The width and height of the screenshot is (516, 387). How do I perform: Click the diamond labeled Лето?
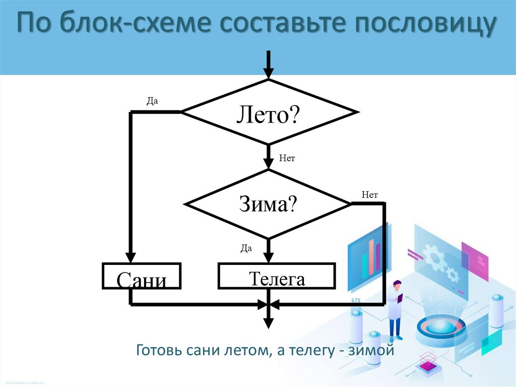point(269,112)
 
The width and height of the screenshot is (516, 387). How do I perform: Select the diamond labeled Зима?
point(268,204)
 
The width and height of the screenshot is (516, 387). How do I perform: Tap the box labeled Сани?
point(142,276)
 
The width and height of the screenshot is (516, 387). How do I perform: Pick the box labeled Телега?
point(277,275)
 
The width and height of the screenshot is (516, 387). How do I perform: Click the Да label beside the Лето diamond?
point(152,100)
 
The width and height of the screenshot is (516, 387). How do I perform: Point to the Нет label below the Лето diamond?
point(287,158)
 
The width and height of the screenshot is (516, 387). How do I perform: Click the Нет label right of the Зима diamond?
point(369,194)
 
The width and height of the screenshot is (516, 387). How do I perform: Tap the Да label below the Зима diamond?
point(246,248)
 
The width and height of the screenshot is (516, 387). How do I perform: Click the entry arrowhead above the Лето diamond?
point(269,72)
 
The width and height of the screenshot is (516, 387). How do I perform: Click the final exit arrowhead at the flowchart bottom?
point(269,323)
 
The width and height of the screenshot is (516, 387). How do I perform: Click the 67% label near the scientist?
point(356,301)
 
